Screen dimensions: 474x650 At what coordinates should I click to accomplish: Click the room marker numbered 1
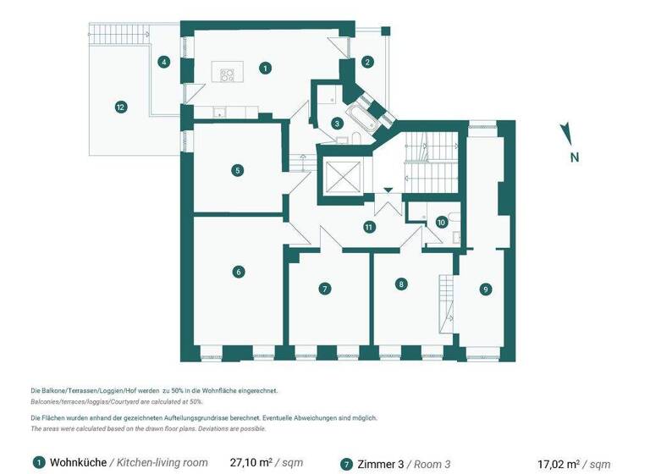pos(266,67)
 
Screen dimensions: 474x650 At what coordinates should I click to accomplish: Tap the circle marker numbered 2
pos(367,62)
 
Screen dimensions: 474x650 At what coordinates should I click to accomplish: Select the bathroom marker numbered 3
pos(337,123)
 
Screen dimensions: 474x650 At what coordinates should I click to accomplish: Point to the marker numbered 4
pos(164,61)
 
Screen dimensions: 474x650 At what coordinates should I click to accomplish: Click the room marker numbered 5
pos(239,170)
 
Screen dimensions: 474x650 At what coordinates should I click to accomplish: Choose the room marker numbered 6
pos(240,272)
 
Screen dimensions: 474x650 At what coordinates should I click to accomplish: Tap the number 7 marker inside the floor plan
pos(324,289)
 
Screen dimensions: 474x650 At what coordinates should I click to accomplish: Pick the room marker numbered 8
pos(401,284)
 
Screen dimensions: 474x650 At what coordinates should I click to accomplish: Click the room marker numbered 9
pos(485,289)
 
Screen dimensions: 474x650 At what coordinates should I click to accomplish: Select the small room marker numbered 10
pos(441,222)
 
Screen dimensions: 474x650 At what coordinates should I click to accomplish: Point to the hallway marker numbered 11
pos(368,227)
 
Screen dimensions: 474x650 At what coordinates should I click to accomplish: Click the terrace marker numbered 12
pos(121,107)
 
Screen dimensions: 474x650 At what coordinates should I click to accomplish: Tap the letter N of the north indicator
pos(574,157)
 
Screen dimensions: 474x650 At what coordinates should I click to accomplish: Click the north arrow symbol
pos(567,133)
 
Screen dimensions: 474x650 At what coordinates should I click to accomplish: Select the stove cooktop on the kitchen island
pos(227,74)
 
